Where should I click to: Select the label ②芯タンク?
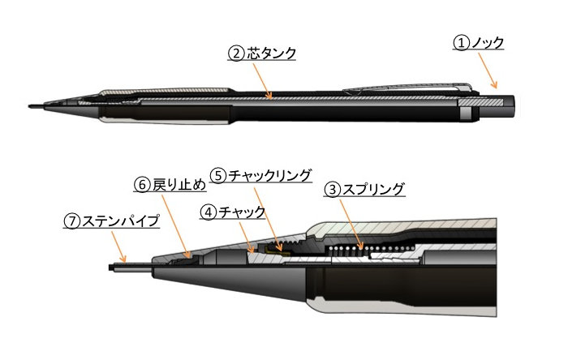click(x=261, y=54)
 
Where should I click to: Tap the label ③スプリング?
click(x=364, y=191)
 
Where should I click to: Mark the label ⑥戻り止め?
click(x=166, y=184)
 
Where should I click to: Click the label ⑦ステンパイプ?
click(x=113, y=221)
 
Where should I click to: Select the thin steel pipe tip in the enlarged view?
click(x=130, y=265)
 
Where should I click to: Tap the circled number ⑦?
click(x=72, y=221)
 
